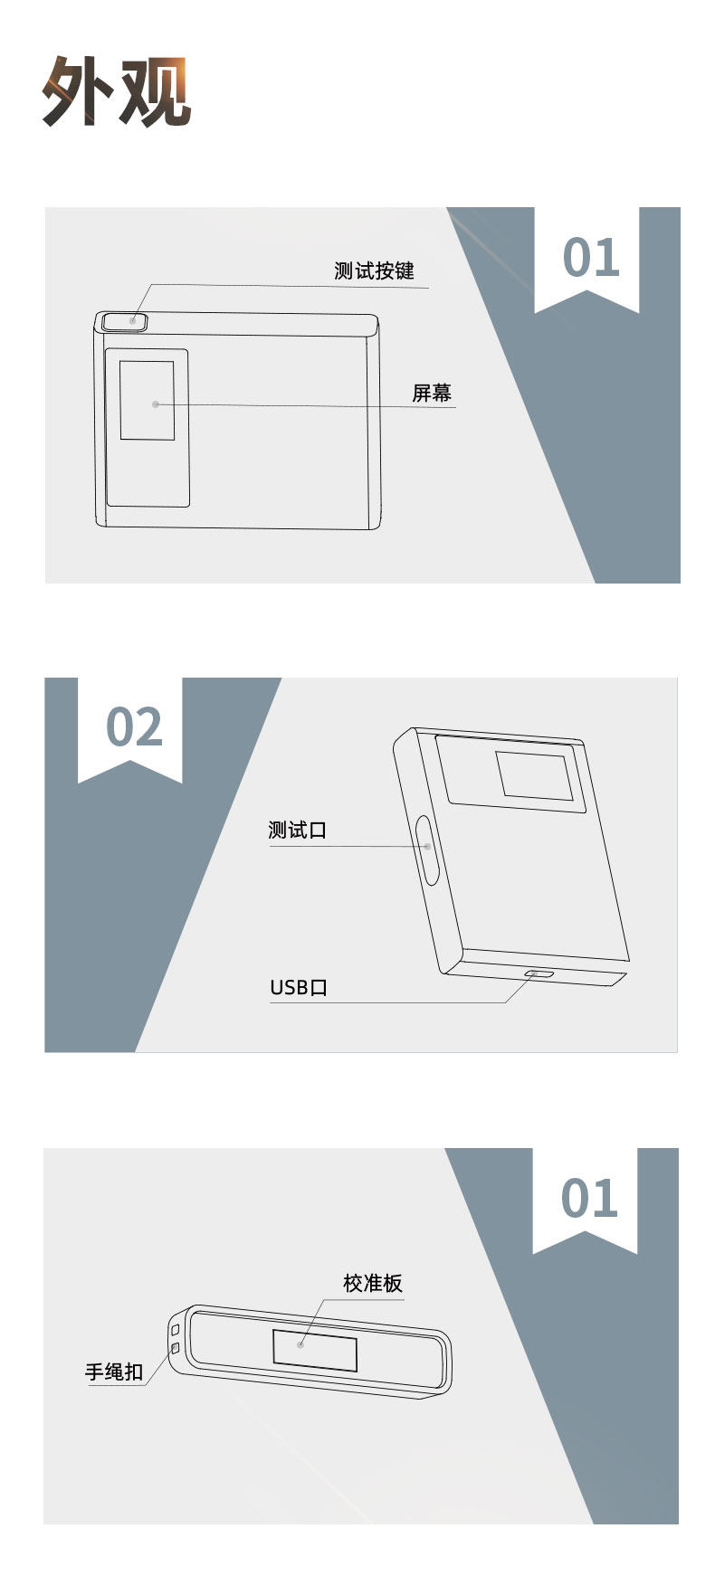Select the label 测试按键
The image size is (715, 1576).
pos(374,271)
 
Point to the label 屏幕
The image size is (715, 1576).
pos(432,393)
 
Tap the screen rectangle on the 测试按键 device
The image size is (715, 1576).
pos(147,401)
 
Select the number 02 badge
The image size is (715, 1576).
pos(134,727)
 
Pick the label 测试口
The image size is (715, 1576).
pos(297,830)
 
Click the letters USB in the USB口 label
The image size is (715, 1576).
pos(290,987)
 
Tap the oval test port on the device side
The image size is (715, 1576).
pos(427,850)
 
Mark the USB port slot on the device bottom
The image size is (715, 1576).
pos(541,973)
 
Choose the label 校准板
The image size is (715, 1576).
pos(372,1283)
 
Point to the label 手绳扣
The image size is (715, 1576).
pos(114,1372)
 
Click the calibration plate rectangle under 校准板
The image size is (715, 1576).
pos(315,1351)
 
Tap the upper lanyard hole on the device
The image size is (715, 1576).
pos(176,1331)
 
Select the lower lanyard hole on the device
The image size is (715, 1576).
pos(176,1349)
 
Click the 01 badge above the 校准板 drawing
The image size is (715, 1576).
pos(589,1199)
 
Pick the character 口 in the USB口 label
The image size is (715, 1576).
pos(319,987)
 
